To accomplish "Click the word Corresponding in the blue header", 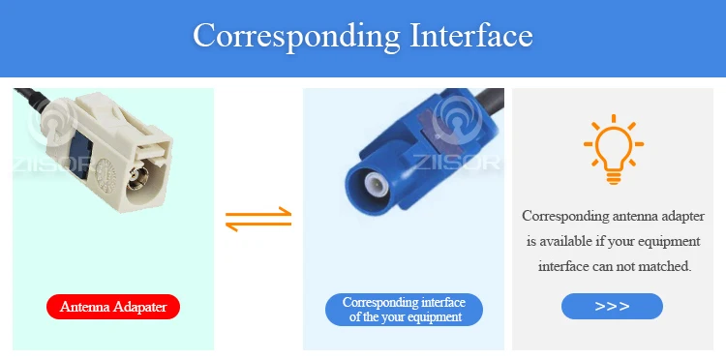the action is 297,36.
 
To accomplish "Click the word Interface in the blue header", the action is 471,35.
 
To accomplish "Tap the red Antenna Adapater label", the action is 113,307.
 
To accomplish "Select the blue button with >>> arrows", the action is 612,306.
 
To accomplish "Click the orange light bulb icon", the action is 614,149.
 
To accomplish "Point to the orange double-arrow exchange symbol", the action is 258,220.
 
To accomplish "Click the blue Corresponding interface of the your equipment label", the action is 404,310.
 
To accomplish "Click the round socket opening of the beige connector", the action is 137,179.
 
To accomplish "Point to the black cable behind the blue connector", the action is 490,103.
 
